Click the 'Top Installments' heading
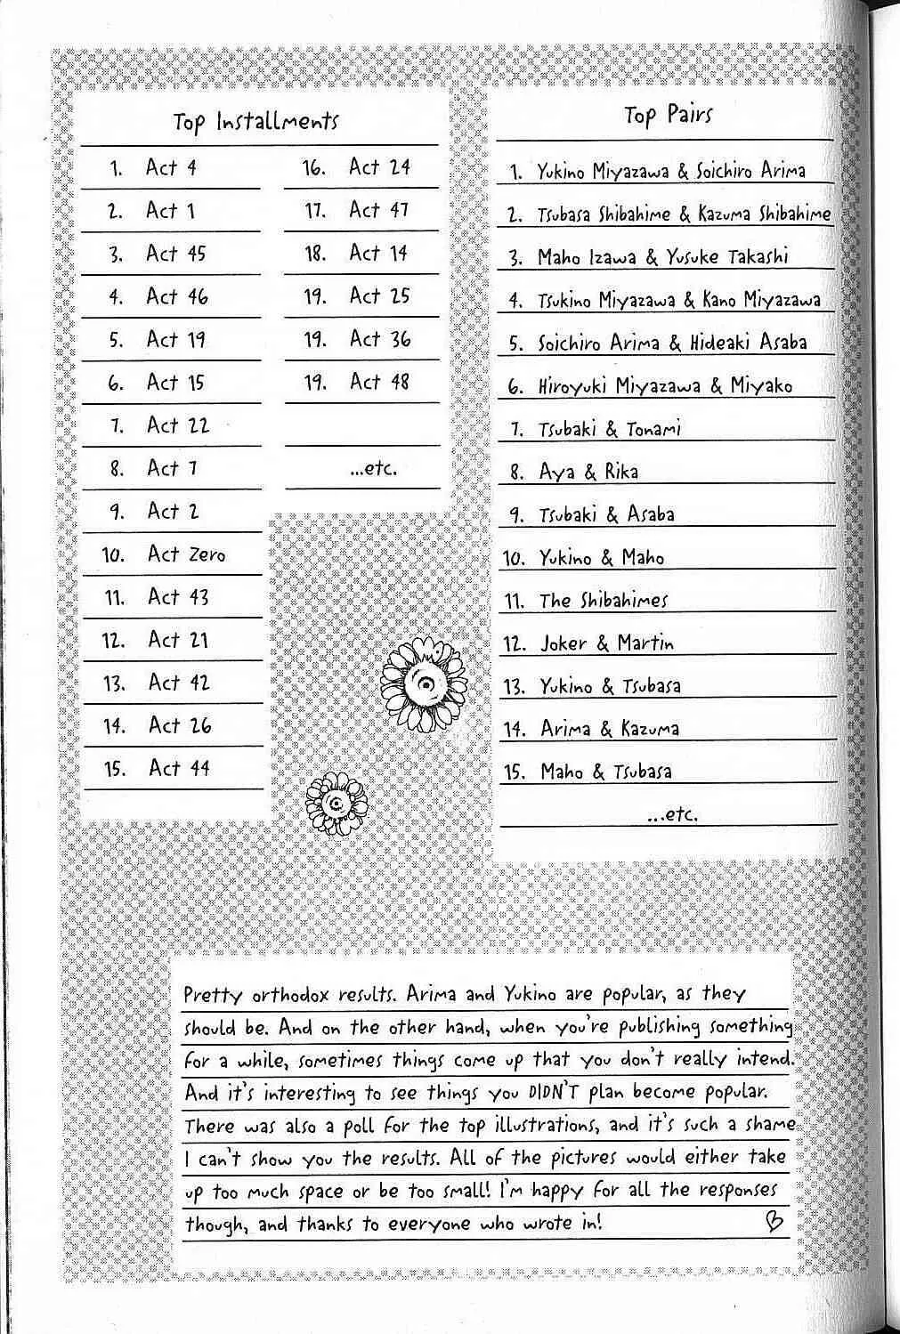255,121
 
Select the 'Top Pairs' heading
668,115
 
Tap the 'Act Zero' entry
186,554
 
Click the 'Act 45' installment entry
175,254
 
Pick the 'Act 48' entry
379,382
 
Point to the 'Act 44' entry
179,768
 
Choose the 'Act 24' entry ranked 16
379,166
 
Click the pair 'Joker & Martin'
607,643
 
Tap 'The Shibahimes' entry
603,601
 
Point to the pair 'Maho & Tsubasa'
605,772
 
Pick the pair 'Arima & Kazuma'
610,729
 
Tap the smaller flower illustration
336,803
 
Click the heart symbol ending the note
774,1222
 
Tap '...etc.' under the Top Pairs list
672,814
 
